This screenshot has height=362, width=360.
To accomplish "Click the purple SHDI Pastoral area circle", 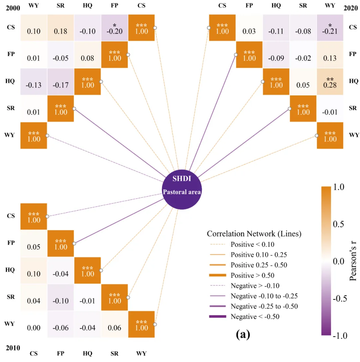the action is pos(182,190).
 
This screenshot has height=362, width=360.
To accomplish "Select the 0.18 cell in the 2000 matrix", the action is pos(61,28).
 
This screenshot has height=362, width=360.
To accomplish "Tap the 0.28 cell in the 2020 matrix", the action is pos(330,82).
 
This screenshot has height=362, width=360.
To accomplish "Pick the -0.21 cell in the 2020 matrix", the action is pos(330,28).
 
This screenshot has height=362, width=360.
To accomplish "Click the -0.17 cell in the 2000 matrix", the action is pos(61,82).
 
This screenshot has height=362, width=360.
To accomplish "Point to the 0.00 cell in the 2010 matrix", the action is pos(34,324).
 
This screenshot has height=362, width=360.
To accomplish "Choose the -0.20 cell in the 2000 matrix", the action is pos(115,28).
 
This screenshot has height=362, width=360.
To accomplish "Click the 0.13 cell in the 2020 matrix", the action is pos(330,55).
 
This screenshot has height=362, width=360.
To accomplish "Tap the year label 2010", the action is pos(13,348).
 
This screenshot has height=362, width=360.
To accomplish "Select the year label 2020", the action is pos(351,8).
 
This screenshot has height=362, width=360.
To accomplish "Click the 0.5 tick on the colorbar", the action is pos(338,224).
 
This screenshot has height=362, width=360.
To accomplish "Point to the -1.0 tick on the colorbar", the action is pos(340,335).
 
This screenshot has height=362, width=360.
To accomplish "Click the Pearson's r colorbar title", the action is pos(353,261).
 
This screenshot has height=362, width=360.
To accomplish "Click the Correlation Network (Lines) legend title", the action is pos(254,234).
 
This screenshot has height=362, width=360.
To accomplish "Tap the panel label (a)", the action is pos(243,334).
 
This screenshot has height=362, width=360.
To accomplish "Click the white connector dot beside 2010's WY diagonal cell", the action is pos(155,324).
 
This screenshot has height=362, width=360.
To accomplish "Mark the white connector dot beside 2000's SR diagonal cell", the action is pos(74,109).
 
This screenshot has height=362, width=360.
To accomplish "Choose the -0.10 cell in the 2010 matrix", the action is pos(61,297).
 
